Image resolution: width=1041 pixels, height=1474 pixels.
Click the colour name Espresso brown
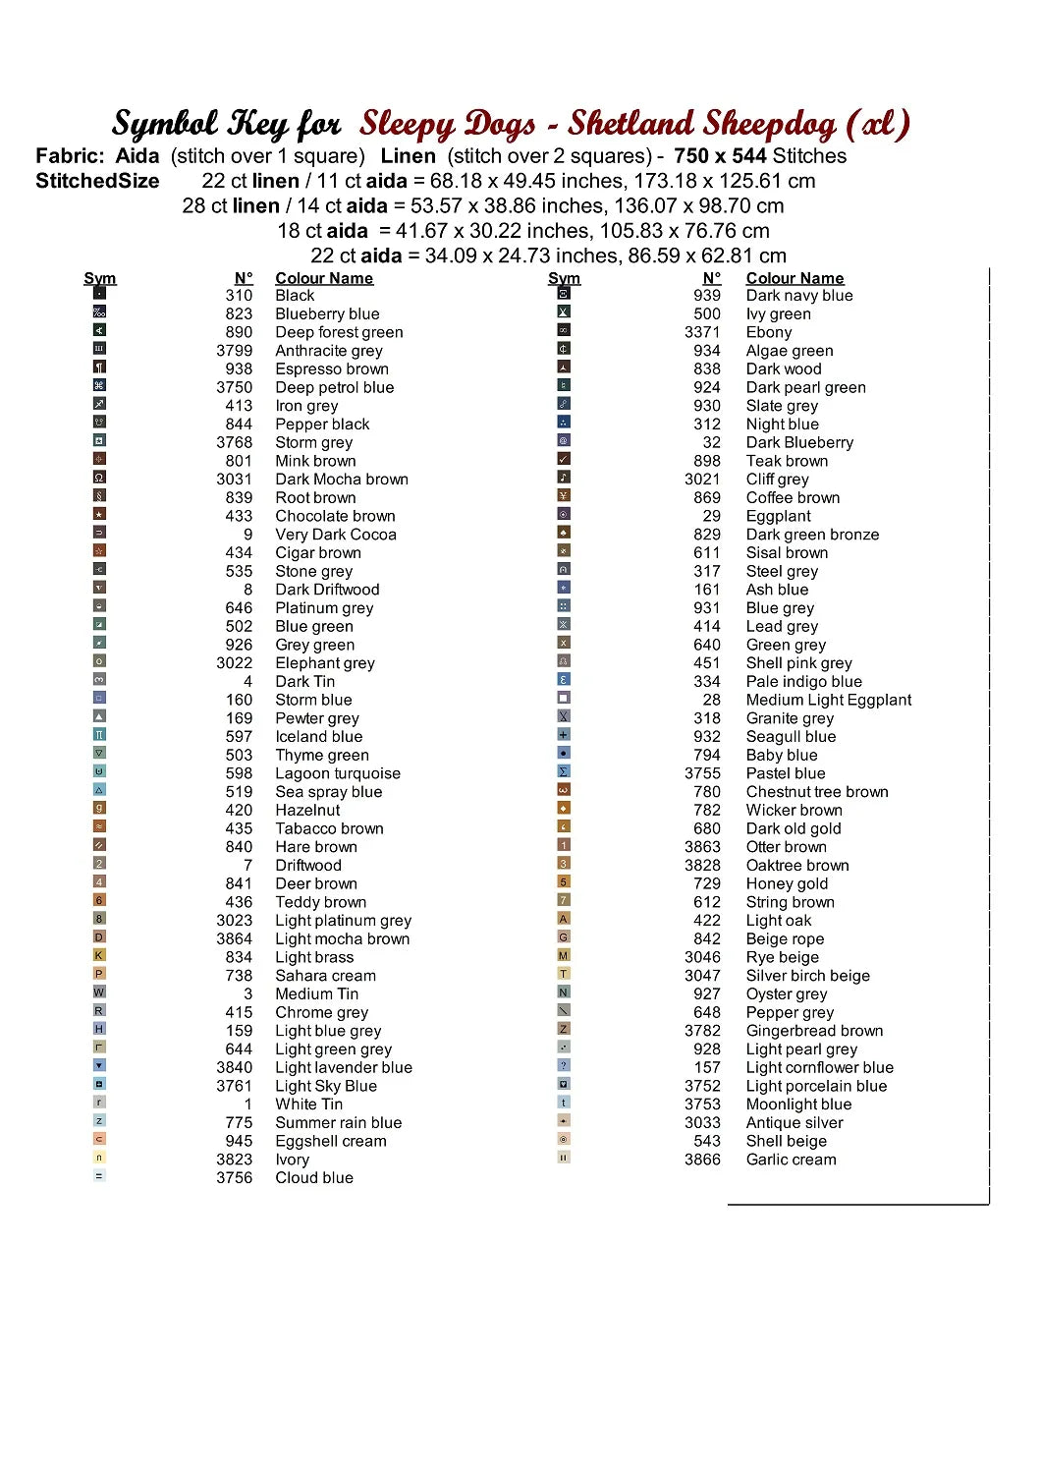point(332,369)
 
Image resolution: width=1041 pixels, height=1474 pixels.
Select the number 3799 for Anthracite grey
point(235,351)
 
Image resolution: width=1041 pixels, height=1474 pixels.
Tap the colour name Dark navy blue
point(799,296)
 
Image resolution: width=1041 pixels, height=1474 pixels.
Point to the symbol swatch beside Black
point(99,293)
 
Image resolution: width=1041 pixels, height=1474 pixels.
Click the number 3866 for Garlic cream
point(702,1160)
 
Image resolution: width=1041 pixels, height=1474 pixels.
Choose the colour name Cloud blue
point(314,1178)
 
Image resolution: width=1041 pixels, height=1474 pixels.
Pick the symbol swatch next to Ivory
point(99,1158)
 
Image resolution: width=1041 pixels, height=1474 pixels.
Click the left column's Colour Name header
point(324,278)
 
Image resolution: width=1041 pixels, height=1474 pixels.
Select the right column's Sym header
point(564,278)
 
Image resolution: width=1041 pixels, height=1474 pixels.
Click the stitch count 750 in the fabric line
point(690,156)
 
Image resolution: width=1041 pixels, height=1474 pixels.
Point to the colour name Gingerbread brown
point(814,1031)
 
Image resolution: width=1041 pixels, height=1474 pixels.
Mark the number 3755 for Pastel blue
point(702,773)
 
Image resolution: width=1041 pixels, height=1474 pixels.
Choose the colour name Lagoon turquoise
point(338,773)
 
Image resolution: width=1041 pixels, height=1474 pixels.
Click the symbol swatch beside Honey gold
point(564,881)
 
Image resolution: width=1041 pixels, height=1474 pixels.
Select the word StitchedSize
point(97,181)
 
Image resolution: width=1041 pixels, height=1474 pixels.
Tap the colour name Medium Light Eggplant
point(829,700)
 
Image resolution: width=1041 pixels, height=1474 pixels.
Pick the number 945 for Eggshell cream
point(239,1141)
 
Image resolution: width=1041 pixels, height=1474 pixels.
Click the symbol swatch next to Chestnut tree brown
point(564,789)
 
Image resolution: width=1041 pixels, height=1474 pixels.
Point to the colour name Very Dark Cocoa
point(336,535)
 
